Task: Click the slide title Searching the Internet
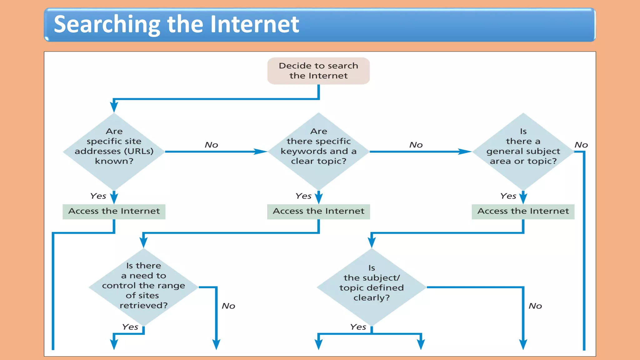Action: coord(176,24)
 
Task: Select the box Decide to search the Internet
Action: coord(318,71)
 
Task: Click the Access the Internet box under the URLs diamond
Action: coord(114,212)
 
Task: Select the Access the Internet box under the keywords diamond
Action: coord(318,212)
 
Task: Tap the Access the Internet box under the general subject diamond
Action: coord(523,212)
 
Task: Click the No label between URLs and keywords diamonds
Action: coord(211,145)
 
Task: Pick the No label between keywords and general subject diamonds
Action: coord(416,145)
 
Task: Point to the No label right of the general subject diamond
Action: coord(581,145)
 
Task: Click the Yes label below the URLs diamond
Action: coord(98,196)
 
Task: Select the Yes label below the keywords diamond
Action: coord(303,196)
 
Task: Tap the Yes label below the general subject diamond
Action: coord(508,196)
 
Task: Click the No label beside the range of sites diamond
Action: coord(228,306)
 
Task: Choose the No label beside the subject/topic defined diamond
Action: coord(535,306)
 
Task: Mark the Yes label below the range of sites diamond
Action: coord(130,327)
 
